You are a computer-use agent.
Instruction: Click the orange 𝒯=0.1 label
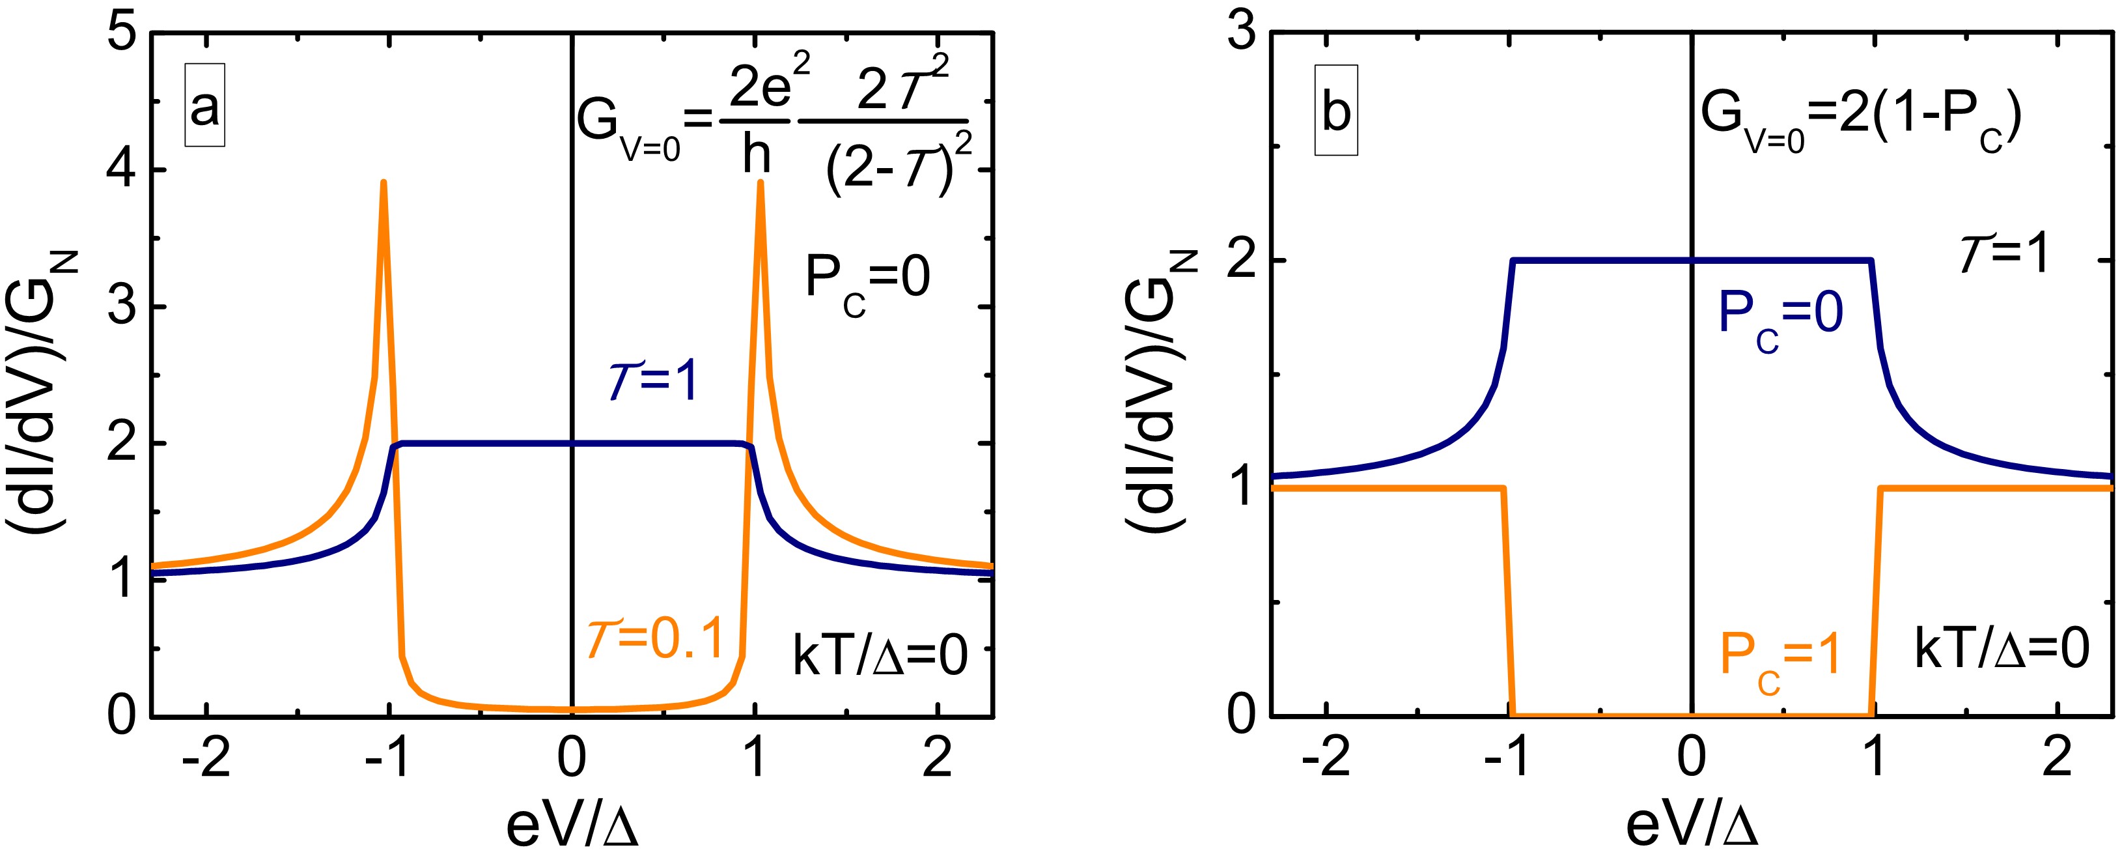pyautogui.click(x=655, y=638)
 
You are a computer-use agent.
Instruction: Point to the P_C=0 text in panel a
pyautogui.click(x=867, y=280)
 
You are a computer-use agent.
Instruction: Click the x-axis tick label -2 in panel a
pyautogui.click(x=206, y=758)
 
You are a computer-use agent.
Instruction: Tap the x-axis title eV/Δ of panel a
pyautogui.click(x=572, y=826)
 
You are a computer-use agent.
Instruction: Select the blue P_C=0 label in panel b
pyautogui.click(x=1780, y=317)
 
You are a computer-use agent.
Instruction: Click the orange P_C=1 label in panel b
pyautogui.click(x=1780, y=659)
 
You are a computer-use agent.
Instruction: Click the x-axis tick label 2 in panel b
pyautogui.click(x=2057, y=758)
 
